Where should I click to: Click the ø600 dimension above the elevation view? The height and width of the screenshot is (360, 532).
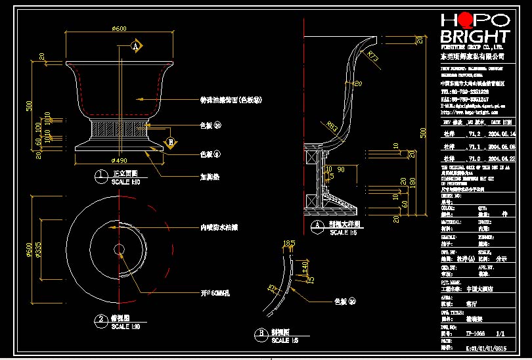tap(119, 28)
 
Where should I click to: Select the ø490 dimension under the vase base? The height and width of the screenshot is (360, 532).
tap(119, 160)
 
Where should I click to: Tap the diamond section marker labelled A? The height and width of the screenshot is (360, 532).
tap(136, 47)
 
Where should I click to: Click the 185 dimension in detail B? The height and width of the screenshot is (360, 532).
tap(287, 244)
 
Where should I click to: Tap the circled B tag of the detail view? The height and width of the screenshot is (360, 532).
tap(261, 334)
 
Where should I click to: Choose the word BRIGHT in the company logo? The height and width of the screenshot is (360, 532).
tap(475, 36)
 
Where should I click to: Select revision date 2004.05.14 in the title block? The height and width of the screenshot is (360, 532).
tap(494, 133)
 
